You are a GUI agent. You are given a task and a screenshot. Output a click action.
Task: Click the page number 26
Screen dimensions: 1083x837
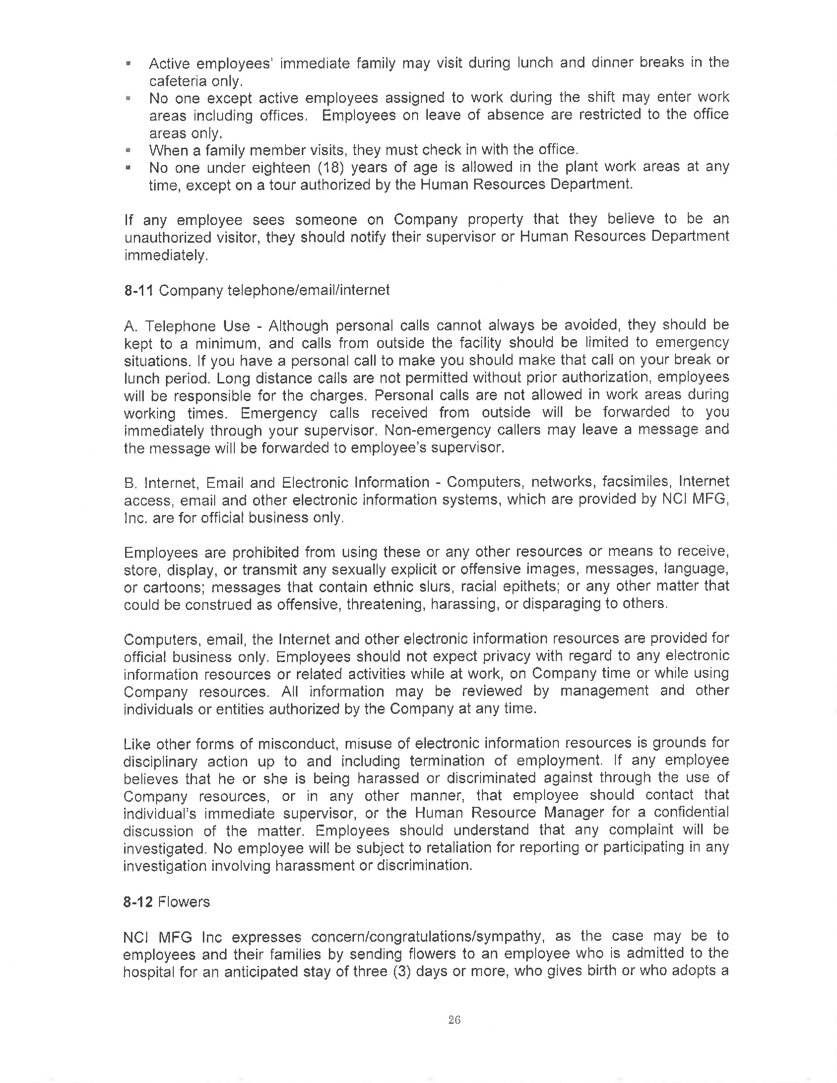(x=454, y=1019)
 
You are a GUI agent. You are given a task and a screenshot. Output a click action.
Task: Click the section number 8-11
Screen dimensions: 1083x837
(x=139, y=290)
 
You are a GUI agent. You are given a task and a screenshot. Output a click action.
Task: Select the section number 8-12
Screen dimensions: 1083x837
(x=138, y=901)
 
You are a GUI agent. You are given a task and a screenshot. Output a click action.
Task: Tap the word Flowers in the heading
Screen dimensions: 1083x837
(x=184, y=901)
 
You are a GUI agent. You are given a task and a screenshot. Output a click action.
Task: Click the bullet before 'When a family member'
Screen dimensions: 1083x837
(x=129, y=150)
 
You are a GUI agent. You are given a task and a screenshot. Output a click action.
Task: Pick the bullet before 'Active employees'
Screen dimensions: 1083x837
(x=129, y=64)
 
